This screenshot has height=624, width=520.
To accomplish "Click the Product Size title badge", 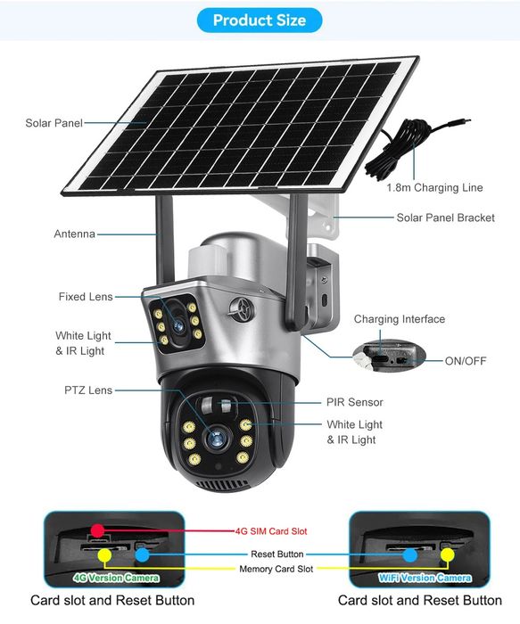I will click(260, 21).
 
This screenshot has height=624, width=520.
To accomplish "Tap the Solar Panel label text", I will click(54, 122).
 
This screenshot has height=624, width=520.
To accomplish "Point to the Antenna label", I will click(74, 234).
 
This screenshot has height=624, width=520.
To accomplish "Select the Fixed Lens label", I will click(85, 296).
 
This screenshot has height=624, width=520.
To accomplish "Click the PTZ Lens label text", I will click(87, 390).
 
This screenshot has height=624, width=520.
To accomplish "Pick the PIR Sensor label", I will click(354, 402).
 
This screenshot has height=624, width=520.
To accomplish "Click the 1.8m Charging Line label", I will click(435, 188).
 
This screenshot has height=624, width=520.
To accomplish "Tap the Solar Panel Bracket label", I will click(445, 218).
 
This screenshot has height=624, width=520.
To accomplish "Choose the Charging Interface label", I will click(399, 319).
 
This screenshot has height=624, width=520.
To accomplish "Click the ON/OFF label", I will click(466, 360).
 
